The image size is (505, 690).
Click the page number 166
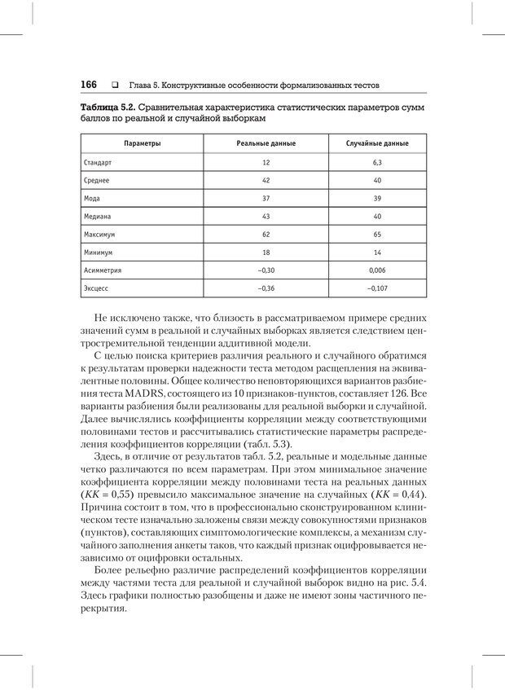tap(89, 85)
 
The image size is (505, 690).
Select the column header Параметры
tap(142, 143)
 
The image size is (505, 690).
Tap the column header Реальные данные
tap(266, 143)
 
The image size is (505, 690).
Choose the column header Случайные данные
tap(377, 143)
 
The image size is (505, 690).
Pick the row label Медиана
tap(97, 217)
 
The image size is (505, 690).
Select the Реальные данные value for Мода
tap(266, 199)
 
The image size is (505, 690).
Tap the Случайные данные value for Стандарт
tap(377, 163)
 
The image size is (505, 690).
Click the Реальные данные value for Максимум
tap(266, 235)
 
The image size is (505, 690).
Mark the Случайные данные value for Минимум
tap(377, 253)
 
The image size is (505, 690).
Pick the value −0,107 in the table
tap(377, 288)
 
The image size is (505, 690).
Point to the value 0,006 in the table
tap(377, 270)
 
